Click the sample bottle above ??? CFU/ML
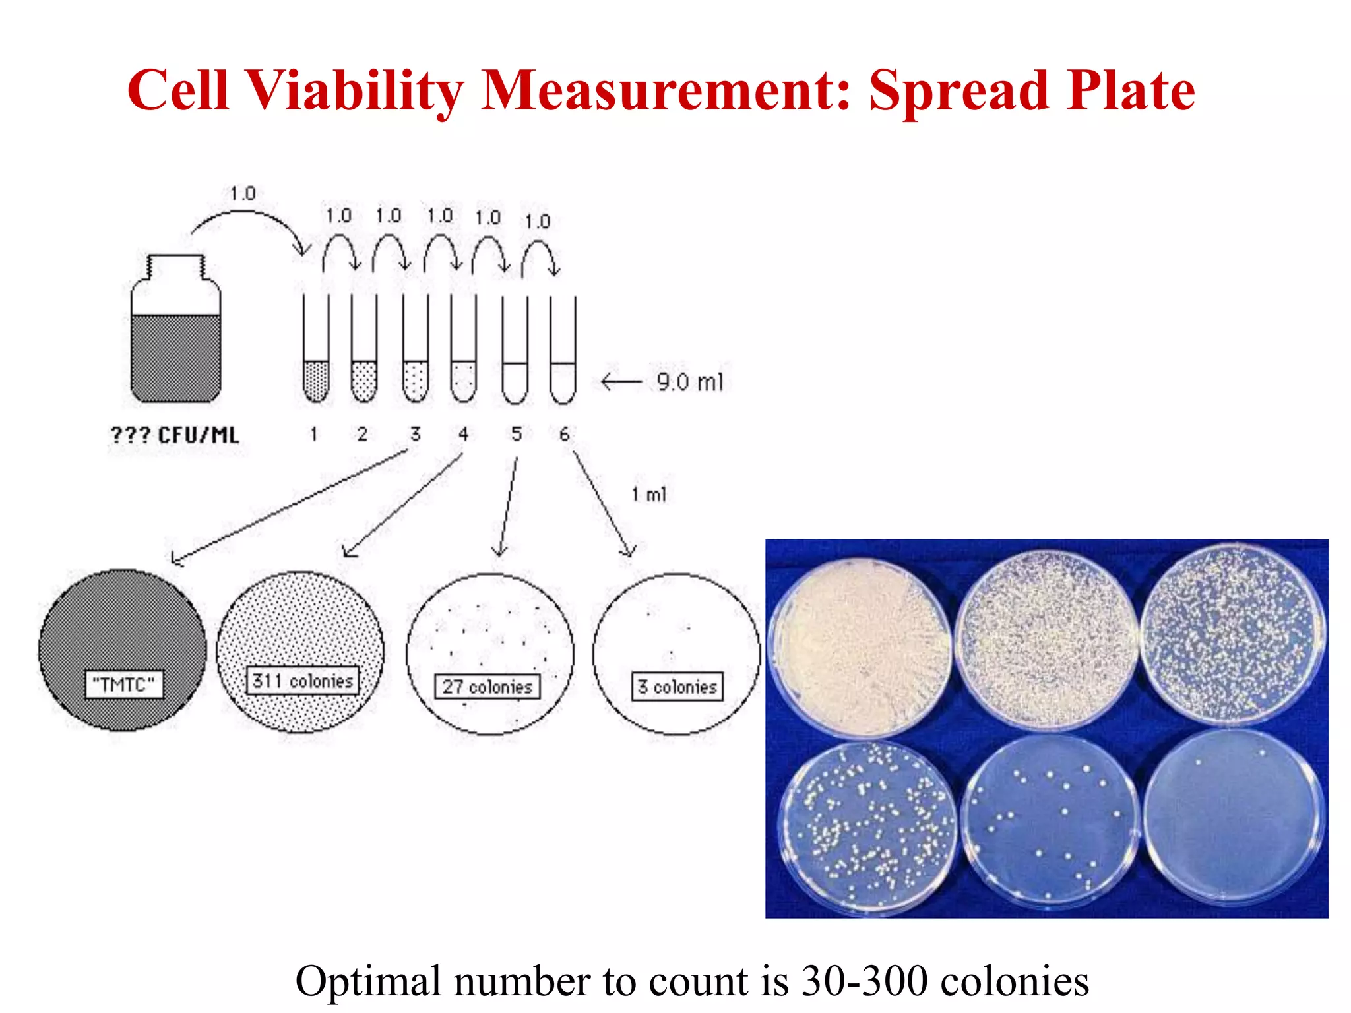pos(175,330)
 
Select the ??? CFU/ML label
pos(175,435)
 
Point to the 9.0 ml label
pos(689,382)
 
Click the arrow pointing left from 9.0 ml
pos(621,382)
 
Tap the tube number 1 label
pos(314,434)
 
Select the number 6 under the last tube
pos(564,434)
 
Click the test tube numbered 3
pos(415,350)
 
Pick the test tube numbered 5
pos(515,350)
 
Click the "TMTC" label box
pos(123,685)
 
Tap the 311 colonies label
pos(303,681)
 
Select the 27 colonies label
pos(487,687)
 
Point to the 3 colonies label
pos(677,687)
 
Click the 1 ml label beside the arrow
pos(649,495)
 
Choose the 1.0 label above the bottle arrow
pos(243,194)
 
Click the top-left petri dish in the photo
pos(861,646)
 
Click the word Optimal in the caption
pos(369,981)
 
